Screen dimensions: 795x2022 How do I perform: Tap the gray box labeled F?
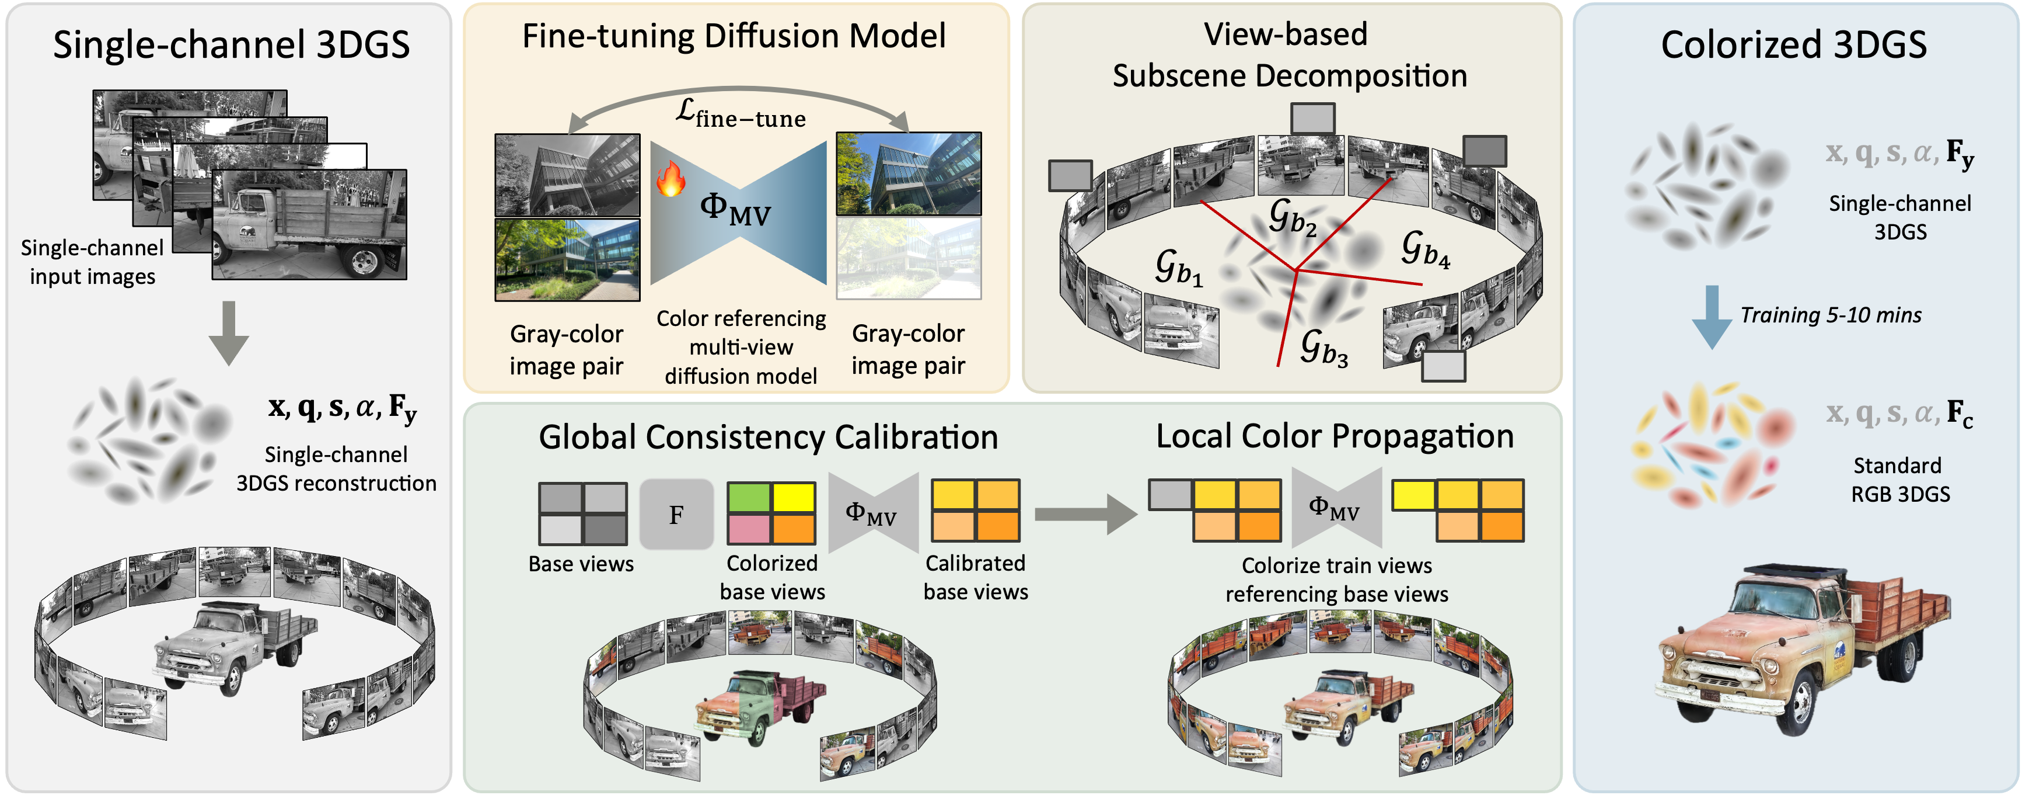676,515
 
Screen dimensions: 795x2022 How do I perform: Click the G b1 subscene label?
1178,267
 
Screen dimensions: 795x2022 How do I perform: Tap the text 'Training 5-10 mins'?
1831,315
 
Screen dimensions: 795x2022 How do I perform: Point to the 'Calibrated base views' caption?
976,577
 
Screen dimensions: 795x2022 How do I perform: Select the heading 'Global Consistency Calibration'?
768,437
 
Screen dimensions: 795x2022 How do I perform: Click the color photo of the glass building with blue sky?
908,173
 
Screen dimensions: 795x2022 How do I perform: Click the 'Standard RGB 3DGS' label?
1899,479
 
